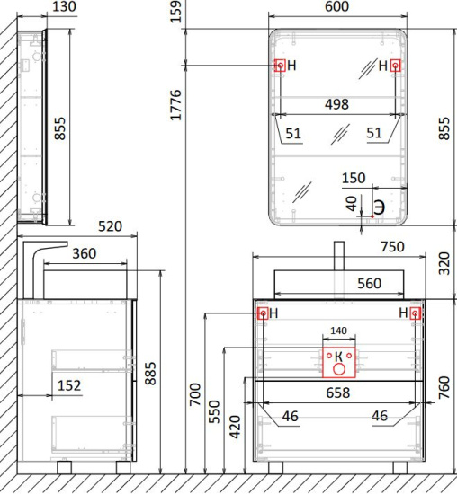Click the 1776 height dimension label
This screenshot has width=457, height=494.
click(x=175, y=105)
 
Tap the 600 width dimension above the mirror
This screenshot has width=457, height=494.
click(x=336, y=6)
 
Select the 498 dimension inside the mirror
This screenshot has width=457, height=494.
click(x=336, y=104)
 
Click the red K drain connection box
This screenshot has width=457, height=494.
click(x=338, y=362)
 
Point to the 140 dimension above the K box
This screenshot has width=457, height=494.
click(x=338, y=331)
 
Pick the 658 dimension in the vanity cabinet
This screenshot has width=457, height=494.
click(x=337, y=393)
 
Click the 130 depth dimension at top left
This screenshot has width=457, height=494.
click(x=64, y=6)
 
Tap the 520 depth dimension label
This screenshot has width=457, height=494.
click(x=110, y=226)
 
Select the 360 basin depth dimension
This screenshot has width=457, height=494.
click(x=84, y=253)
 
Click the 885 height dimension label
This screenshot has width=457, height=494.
click(x=150, y=374)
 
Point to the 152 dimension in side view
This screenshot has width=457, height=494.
click(x=69, y=385)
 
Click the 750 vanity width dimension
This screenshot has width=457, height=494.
click(x=392, y=247)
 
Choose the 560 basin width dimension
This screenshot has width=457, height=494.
click(x=369, y=284)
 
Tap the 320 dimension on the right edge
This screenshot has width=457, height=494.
click(x=444, y=263)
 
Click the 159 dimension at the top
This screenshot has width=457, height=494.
click(x=175, y=12)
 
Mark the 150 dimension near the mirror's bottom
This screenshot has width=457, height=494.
click(x=354, y=179)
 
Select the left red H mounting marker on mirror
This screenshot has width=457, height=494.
click(x=280, y=66)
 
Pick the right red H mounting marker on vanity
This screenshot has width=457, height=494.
click(x=415, y=313)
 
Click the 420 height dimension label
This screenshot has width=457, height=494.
click(x=235, y=427)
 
